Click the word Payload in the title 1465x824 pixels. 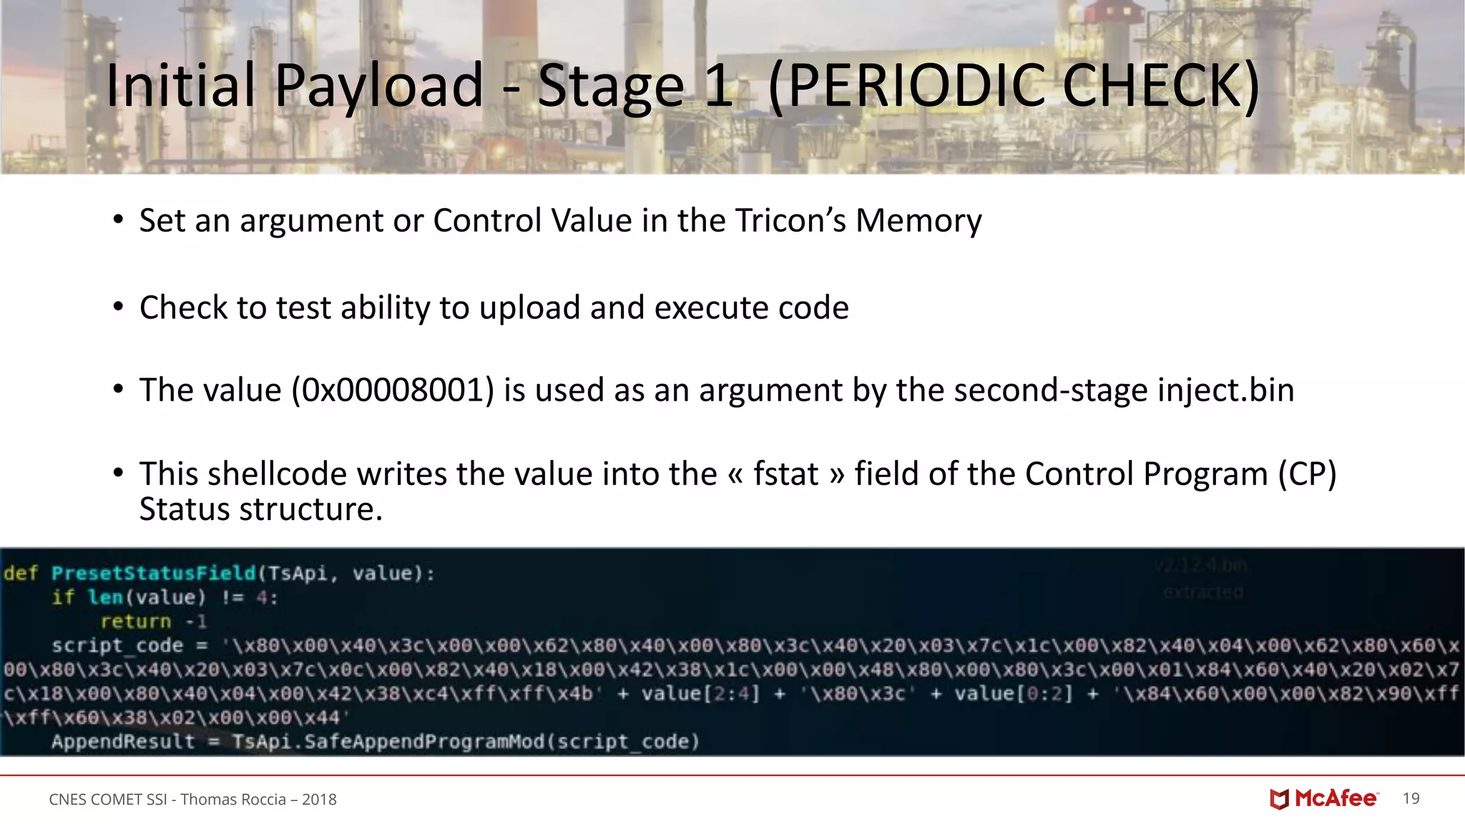pyautogui.click(x=378, y=86)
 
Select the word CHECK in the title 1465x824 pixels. pyautogui.click(x=1160, y=86)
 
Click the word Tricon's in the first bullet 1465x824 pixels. pyautogui.click(x=790, y=220)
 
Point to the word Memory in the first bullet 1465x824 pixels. pyautogui.click(x=918, y=220)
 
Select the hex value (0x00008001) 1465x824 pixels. pyautogui.click(x=393, y=391)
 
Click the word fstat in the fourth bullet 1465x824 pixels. pyautogui.click(x=785, y=474)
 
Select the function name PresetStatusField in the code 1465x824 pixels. pyautogui.click(x=153, y=574)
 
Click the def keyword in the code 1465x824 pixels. pyautogui.click(x=20, y=574)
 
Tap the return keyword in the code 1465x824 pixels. pyautogui.click(x=136, y=622)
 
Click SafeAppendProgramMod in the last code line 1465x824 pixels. pyautogui.click(x=425, y=742)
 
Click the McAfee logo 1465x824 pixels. pyautogui.click(x=1324, y=799)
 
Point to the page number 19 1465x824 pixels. pyautogui.click(x=1411, y=799)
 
